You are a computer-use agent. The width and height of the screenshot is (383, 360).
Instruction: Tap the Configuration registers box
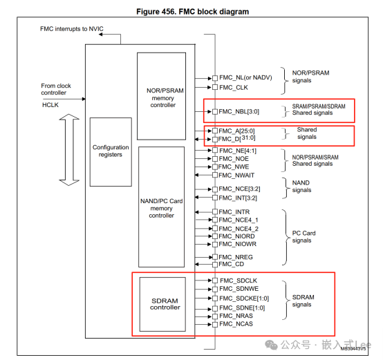point(111,151)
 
